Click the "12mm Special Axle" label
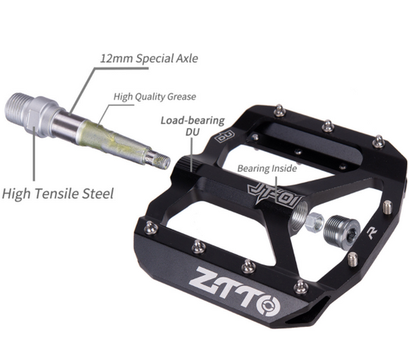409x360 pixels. [149, 58]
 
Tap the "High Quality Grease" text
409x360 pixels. [154, 97]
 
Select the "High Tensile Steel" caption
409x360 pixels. [58, 194]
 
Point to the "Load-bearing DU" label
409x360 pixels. [193, 126]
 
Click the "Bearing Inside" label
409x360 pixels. [267, 168]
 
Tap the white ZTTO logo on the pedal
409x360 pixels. [234, 291]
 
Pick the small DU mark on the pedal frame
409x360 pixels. [225, 136]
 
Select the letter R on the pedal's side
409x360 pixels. [372, 232]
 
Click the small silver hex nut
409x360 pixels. [315, 223]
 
